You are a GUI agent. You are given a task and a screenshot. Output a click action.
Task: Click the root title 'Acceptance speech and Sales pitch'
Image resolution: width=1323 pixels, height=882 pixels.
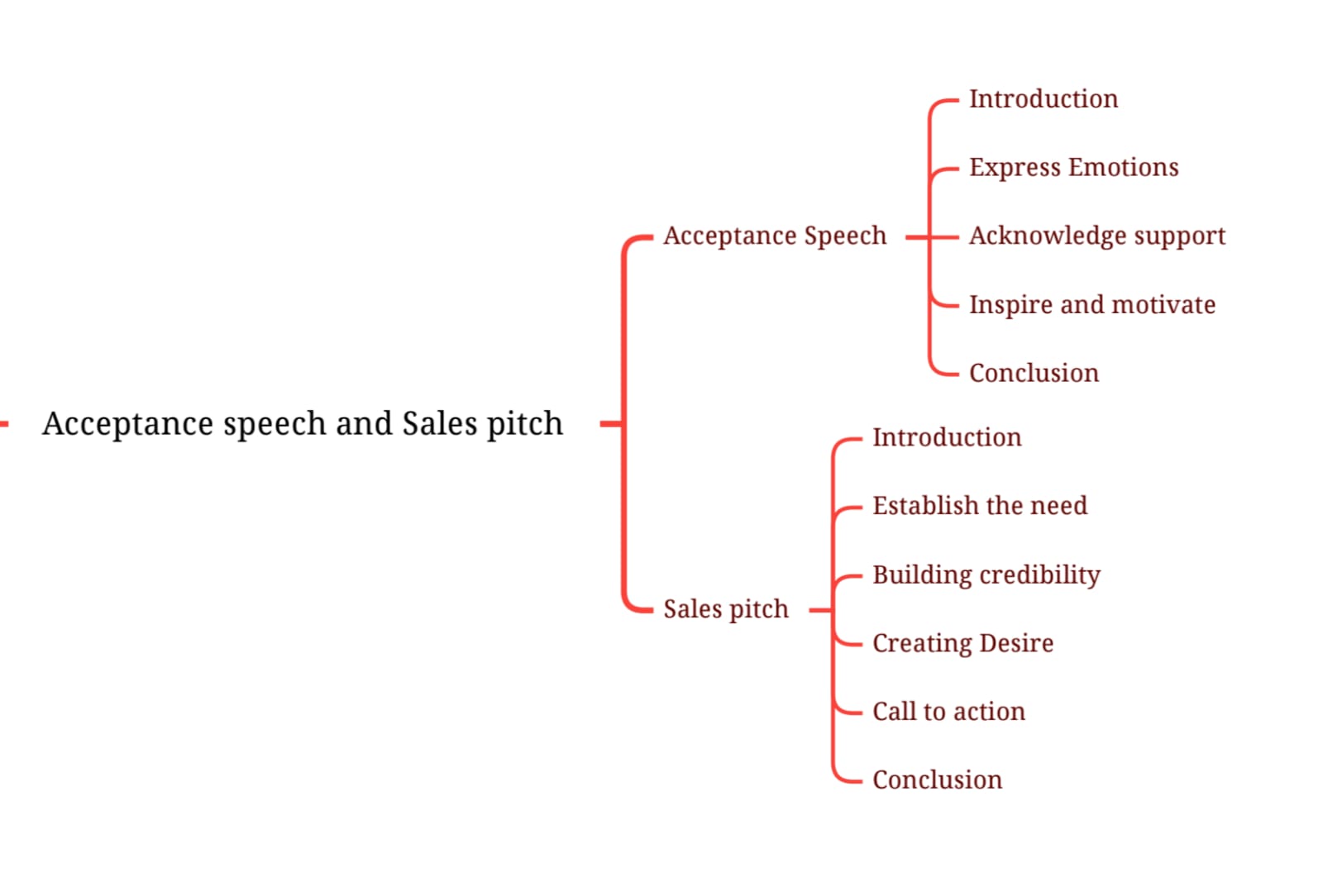pos(303,423)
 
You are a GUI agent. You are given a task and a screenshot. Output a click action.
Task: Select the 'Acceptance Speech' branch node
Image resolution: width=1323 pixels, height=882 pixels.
pos(774,236)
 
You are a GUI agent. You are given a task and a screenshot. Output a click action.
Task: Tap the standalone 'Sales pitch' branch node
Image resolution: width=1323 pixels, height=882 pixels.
pos(726,609)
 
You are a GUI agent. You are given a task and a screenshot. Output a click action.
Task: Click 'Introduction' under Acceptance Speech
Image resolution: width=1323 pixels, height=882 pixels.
pos(1043,99)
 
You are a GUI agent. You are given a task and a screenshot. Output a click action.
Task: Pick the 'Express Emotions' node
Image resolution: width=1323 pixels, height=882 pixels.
pos(1073,168)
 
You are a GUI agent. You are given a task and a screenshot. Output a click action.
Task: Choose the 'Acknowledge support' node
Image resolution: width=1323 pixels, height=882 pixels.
pos(1096,236)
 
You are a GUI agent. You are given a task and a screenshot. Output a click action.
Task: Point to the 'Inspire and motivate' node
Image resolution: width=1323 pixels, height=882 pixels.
pos(1091,305)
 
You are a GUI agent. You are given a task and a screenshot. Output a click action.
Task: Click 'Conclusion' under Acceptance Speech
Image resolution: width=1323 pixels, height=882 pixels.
pos(1034,373)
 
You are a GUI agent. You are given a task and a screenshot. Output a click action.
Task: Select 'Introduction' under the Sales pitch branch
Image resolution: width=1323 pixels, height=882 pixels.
pos(947,437)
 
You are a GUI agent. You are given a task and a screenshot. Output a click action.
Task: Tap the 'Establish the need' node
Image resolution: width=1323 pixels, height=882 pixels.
pos(980,505)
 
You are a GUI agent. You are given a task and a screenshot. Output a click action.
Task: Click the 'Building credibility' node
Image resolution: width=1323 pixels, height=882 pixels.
pos(986,574)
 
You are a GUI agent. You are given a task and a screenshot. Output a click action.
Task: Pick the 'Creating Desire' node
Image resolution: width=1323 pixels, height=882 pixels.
pos(962,643)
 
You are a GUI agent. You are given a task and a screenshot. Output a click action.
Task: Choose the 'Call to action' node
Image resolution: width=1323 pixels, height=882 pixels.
pos(948,712)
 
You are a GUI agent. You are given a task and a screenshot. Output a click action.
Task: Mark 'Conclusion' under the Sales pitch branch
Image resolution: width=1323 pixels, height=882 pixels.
pos(937,779)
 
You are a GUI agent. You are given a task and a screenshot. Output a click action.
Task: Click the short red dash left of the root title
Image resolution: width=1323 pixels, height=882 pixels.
pos(4,424)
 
